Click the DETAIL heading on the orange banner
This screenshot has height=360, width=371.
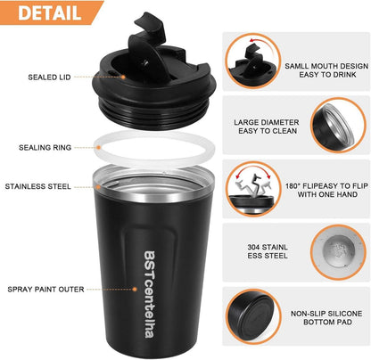pos(50,12)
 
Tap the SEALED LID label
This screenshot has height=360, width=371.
pos(49,78)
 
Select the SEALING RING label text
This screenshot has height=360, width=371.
pos(45,147)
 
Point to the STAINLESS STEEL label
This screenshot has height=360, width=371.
pos(38,186)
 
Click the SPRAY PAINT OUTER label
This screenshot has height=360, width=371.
pos(45,289)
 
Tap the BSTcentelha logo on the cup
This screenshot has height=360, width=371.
pos(149,295)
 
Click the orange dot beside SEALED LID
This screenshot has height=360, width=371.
pos(123,77)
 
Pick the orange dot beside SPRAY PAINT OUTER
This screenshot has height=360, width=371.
pos(135,289)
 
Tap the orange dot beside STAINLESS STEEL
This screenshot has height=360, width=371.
pos(98,187)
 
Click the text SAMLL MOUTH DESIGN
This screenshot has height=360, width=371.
pos(326,66)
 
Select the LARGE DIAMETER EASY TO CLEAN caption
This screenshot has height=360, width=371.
pos(267,127)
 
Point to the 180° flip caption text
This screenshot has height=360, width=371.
pos(326,190)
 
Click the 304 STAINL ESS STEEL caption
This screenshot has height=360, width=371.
pos(268,251)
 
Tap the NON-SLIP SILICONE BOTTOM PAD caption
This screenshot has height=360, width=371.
pos(326,317)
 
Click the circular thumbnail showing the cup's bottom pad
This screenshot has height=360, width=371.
pos(253,316)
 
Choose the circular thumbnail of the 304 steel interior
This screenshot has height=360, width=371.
pos(338,252)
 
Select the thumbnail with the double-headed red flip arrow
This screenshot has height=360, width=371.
pos(253,189)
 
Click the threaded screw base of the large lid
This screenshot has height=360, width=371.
pos(153,113)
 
